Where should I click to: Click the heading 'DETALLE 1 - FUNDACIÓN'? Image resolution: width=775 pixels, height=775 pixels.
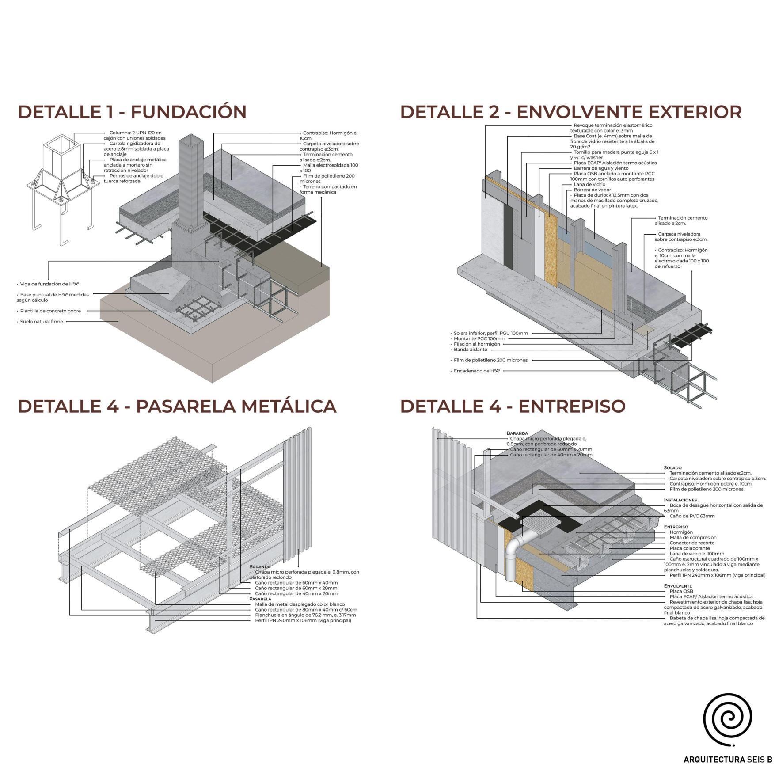(x=132, y=112)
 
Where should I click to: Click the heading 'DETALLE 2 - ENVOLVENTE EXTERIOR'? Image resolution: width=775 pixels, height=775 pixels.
(x=570, y=112)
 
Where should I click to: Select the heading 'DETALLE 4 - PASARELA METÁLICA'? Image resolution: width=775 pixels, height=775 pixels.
(x=177, y=406)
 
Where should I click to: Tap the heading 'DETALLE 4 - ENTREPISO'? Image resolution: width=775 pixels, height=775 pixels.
(x=513, y=406)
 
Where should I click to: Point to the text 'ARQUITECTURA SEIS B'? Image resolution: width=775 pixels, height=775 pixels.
(x=727, y=760)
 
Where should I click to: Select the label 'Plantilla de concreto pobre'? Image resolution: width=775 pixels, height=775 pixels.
(x=50, y=311)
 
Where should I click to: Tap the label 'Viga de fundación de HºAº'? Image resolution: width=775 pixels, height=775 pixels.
(x=49, y=284)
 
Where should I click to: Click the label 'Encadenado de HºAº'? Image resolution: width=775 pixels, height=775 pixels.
(x=477, y=371)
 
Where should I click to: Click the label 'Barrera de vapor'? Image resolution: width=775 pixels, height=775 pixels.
(x=592, y=190)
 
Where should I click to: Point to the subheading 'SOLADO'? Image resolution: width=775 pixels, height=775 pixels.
(x=672, y=467)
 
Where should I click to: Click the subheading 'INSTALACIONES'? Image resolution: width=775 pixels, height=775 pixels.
(x=680, y=500)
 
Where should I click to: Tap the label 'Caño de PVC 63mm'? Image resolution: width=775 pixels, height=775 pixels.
(x=692, y=516)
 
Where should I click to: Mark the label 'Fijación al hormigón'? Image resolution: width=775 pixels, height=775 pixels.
(x=477, y=344)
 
